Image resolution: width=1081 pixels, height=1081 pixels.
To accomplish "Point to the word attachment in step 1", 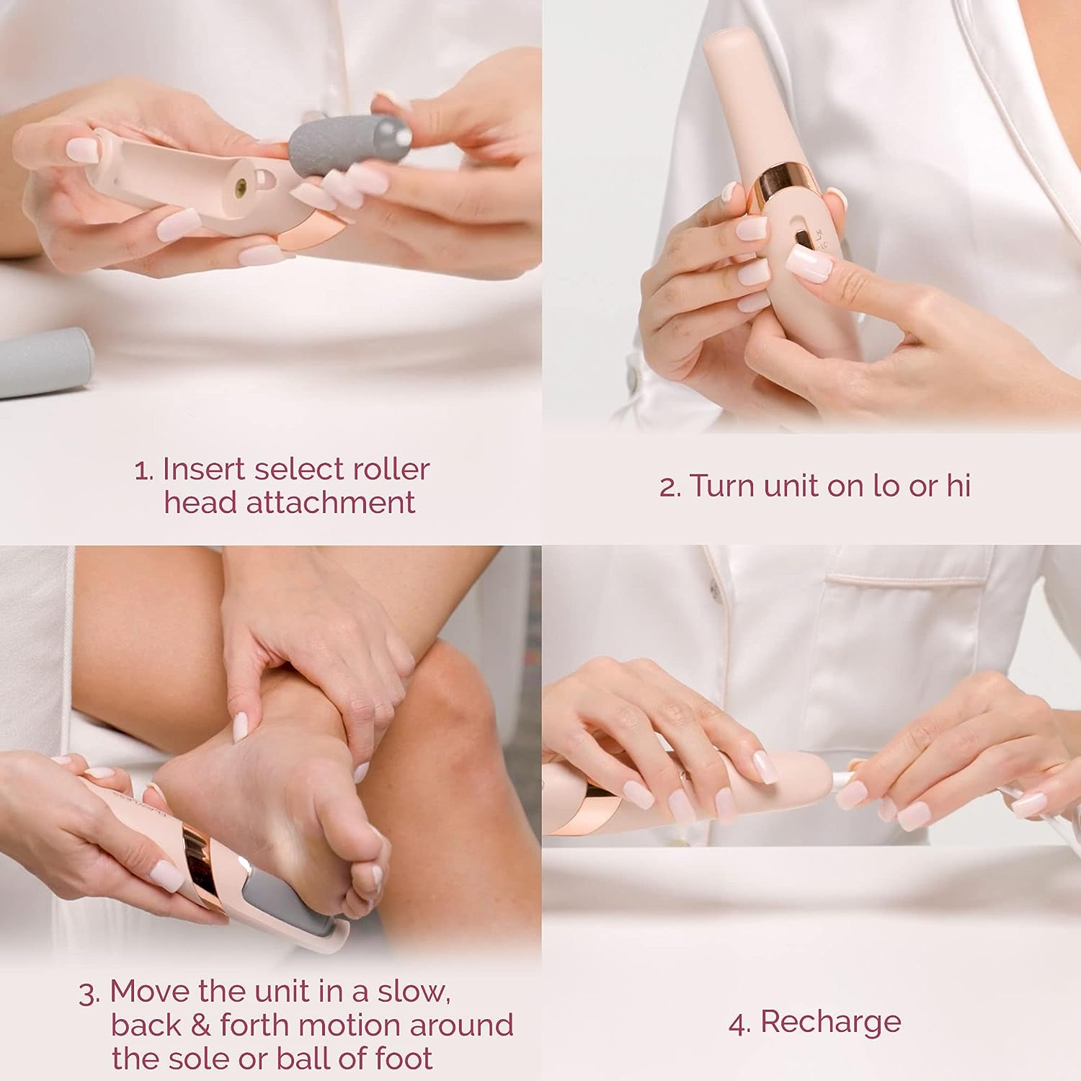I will point(330,502).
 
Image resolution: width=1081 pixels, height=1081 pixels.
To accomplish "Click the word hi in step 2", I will point(958,486).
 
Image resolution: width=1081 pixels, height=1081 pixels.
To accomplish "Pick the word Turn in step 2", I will point(723,486).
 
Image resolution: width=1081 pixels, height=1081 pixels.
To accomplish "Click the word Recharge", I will point(830,1022).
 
